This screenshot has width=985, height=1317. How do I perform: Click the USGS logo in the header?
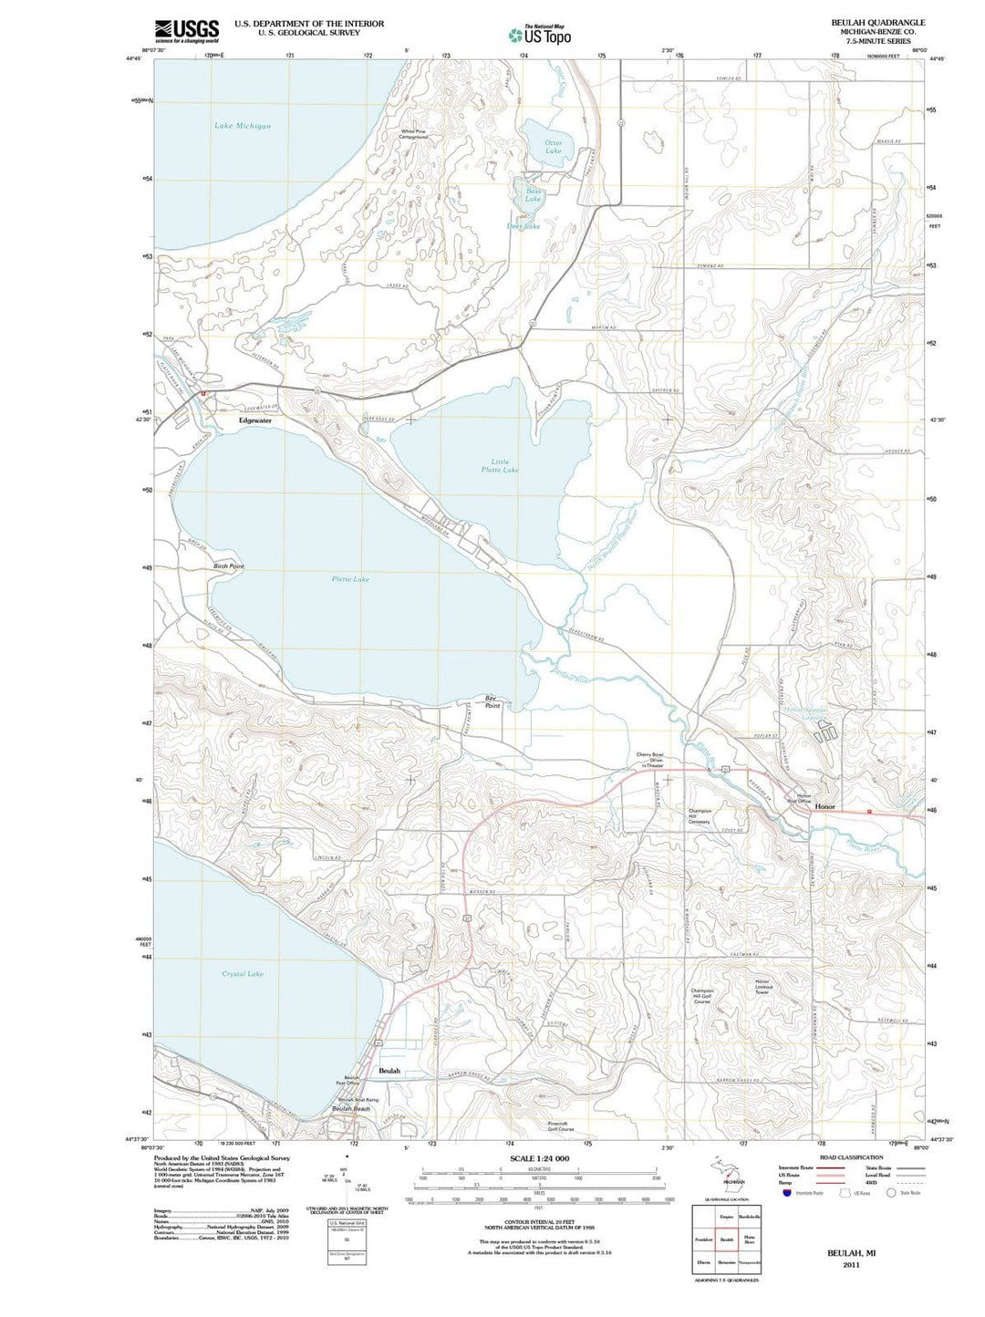click(x=186, y=31)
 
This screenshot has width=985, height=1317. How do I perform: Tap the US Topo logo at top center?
click(x=540, y=35)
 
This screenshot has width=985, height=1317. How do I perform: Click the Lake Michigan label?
click(x=243, y=126)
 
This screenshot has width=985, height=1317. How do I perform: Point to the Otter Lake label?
click(x=553, y=147)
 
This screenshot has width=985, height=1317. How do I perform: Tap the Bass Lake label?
click(x=533, y=194)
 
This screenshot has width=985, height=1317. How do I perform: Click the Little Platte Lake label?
click(x=500, y=466)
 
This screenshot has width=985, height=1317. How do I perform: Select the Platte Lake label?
click(x=350, y=579)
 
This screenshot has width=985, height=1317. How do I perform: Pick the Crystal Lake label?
click(x=243, y=974)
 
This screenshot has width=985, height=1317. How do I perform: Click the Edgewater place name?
click(x=255, y=420)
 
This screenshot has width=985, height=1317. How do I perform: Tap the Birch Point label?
click(x=229, y=566)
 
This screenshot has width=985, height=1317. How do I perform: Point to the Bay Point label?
click(x=493, y=702)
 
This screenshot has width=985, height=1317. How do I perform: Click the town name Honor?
click(x=824, y=807)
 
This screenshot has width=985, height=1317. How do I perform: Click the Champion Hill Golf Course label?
click(x=701, y=996)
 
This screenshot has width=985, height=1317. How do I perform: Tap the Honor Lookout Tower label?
click(x=762, y=987)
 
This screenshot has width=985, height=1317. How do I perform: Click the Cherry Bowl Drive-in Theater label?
click(x=649, y=760)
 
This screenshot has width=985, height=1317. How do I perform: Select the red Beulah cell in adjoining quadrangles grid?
click(x=727, y=1239)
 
